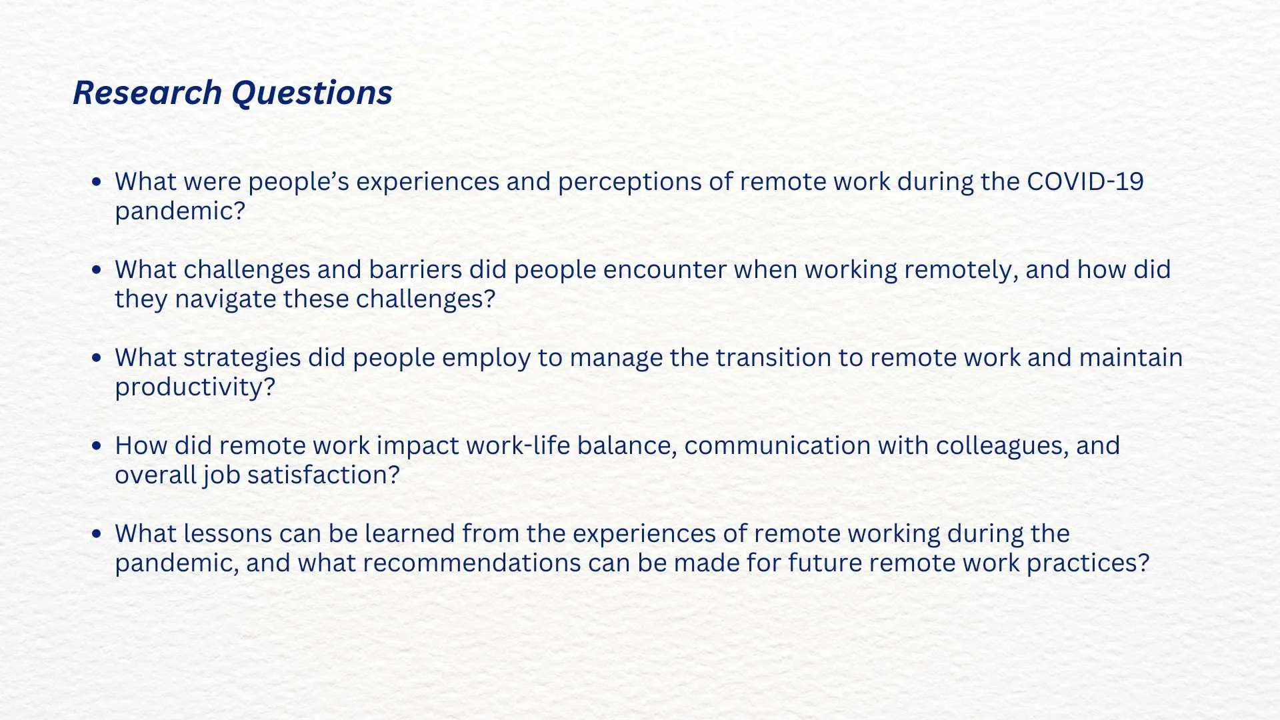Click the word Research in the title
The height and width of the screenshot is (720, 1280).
(147, 92)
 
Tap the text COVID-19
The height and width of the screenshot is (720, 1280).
(1085, 181)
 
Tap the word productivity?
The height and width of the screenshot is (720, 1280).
(195, 387)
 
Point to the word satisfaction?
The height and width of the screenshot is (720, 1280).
(323, 475)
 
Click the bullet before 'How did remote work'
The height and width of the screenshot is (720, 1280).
(97, 445)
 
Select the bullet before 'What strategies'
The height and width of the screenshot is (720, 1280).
(97, 358)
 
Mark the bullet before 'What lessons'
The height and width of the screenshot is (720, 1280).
(97, 533)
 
